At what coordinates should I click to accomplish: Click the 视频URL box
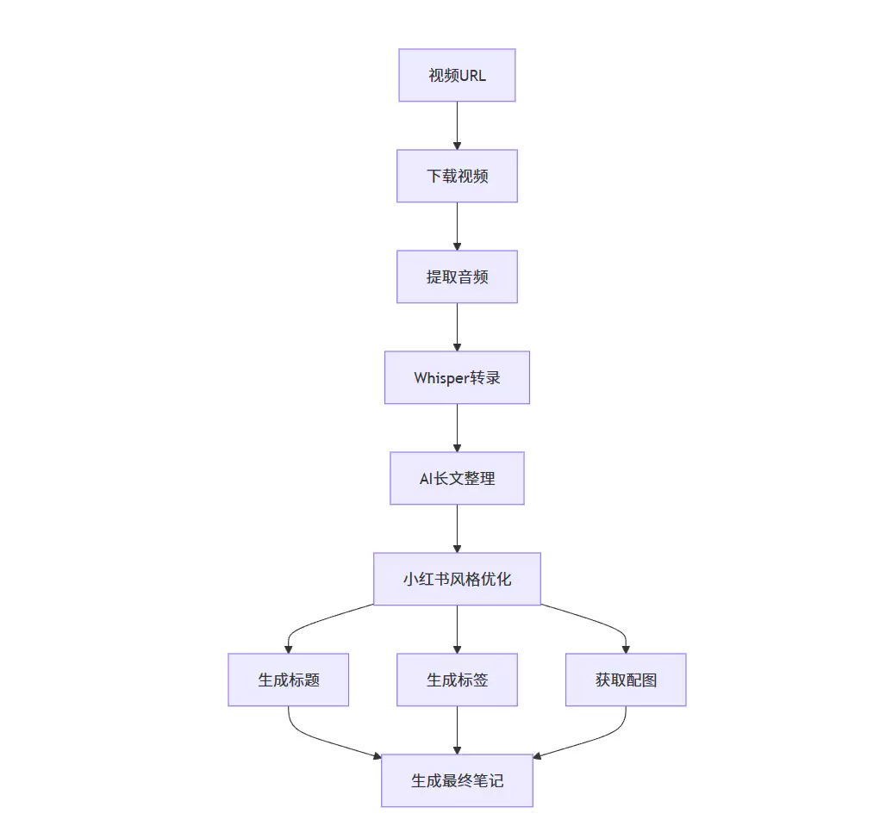click(457, 75)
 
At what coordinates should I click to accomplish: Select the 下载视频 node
click(457, 176)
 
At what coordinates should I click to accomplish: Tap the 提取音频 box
click(457, 276)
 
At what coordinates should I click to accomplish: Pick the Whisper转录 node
click(457, 377)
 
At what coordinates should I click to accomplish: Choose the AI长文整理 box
click(457, 478)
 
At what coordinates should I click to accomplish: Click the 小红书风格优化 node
click(457, 579)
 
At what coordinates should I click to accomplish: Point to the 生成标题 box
click(289, 680)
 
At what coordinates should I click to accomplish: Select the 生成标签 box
click(457, 680)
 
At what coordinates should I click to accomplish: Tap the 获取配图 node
click(626, 680)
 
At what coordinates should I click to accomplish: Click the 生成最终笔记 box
click(457, 780)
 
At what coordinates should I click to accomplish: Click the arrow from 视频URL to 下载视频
click(457, 126)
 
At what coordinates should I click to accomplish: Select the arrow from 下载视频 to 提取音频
click(457, 227)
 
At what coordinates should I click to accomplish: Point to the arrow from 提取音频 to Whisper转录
click(457, 327)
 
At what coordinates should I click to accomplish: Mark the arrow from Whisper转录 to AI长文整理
click(457, 428)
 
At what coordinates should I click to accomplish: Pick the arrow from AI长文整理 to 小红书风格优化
click(457, 529)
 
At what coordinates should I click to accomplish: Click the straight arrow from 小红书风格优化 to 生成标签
click(457, 630)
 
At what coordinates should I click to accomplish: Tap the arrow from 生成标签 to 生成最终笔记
click(457, 730)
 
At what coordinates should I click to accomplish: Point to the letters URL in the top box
click(473, 75)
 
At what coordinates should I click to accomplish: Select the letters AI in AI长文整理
click(425, 478)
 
